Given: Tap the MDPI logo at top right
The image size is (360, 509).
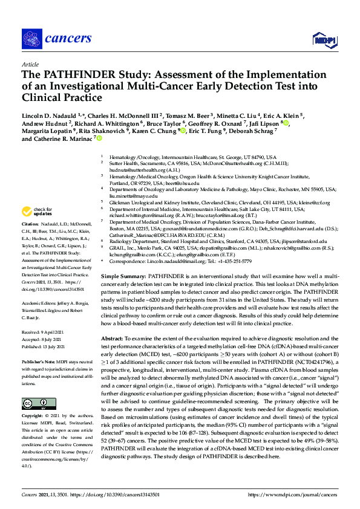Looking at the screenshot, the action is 321,40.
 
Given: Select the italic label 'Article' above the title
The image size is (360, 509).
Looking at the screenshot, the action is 30,64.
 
